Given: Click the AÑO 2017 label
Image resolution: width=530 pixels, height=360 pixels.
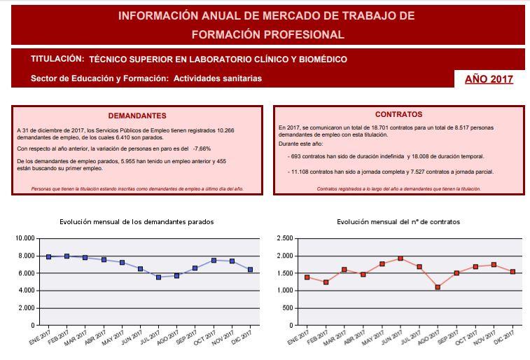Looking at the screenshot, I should (489, 79).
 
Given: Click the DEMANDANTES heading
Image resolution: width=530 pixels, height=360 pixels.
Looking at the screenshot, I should (137, 116).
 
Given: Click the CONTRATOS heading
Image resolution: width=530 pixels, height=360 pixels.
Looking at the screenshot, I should (398, 114).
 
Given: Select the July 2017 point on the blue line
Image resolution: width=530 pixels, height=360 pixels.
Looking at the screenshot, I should (159, 277).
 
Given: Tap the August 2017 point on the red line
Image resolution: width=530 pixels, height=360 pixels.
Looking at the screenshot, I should (438, 287).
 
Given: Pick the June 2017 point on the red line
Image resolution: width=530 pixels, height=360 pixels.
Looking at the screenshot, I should (400, 258).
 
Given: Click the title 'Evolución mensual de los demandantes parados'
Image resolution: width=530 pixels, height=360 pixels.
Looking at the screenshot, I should (137, 222).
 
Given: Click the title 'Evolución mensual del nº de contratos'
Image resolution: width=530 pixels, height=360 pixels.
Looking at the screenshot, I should (398, 222).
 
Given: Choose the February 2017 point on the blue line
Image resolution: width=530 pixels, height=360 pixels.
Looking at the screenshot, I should (67, 256).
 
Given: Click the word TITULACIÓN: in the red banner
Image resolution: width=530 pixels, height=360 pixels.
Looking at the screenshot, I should (57, 60).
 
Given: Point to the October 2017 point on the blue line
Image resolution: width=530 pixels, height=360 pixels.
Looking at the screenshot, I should (214, 261).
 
